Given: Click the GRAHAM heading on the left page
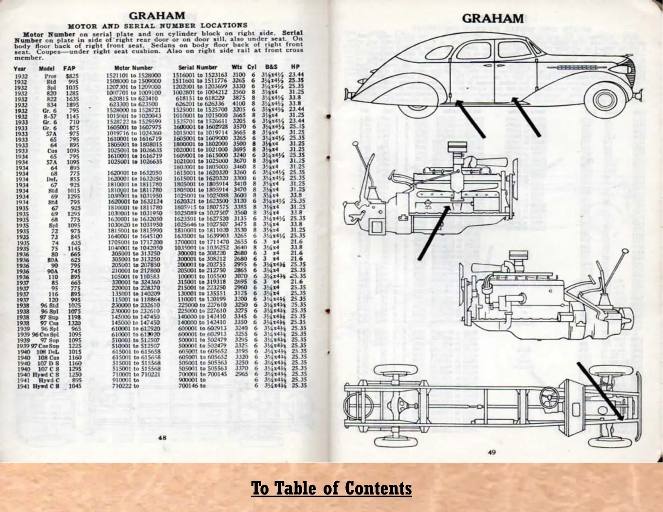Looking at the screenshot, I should click(x=157, y=16).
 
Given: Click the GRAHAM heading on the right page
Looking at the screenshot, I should click(x=493, y=18).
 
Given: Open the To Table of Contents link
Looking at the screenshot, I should click(x=331, y=488).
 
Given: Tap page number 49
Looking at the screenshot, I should click(x=491, y=453).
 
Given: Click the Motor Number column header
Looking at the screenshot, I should click(x=133, y=68).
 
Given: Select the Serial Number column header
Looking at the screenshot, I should click(x=197, y=67).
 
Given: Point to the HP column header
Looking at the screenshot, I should click(x=295, y=67).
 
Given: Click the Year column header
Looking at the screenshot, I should click(x=20, y=68).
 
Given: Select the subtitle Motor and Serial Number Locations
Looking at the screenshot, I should click(x=158, y=26).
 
